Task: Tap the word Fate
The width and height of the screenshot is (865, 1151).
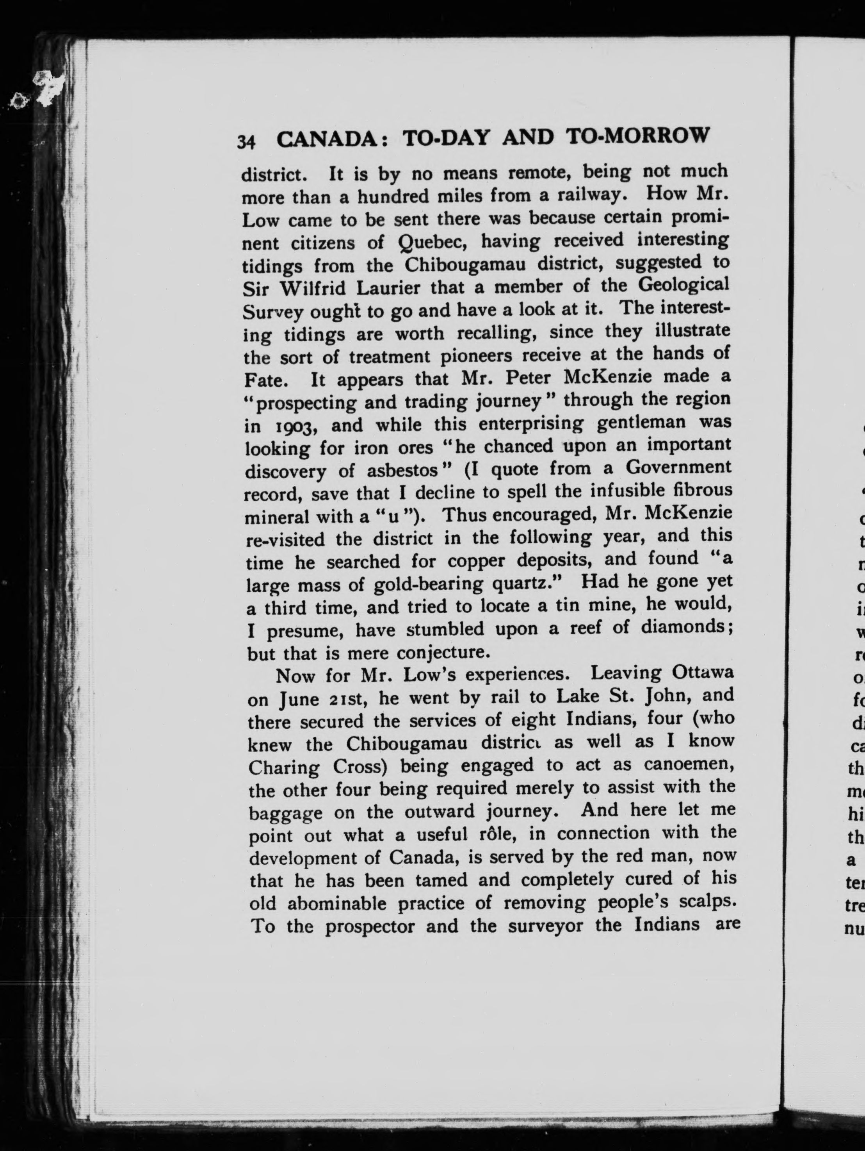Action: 265,380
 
